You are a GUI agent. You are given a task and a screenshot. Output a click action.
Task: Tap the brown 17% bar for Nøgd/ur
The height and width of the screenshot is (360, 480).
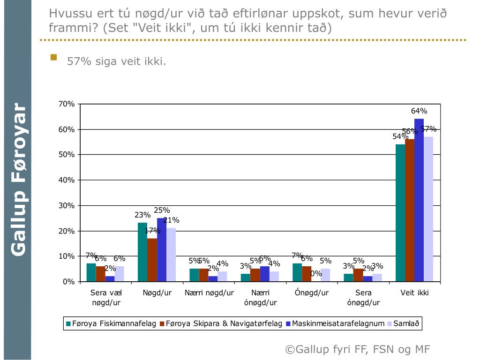(152, 260)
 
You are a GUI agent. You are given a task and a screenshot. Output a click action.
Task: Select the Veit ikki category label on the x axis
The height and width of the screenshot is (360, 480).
(415, 293)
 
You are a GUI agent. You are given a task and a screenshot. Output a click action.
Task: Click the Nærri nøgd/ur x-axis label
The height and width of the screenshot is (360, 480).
(209, 293)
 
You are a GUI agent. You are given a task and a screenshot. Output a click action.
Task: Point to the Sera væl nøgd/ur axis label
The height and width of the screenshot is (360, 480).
(106, 298)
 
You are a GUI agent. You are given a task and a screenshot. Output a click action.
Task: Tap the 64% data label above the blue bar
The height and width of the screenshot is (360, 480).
(419, 111)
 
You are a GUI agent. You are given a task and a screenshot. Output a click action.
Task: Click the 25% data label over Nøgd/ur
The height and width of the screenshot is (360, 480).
(162, 210)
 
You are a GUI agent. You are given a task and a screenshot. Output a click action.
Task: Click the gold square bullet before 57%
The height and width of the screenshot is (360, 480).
(54, 58)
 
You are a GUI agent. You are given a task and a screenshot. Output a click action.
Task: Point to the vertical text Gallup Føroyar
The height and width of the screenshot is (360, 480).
(18, 179)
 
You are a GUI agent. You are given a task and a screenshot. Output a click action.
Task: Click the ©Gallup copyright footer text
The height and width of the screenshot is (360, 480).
(357, 349)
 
